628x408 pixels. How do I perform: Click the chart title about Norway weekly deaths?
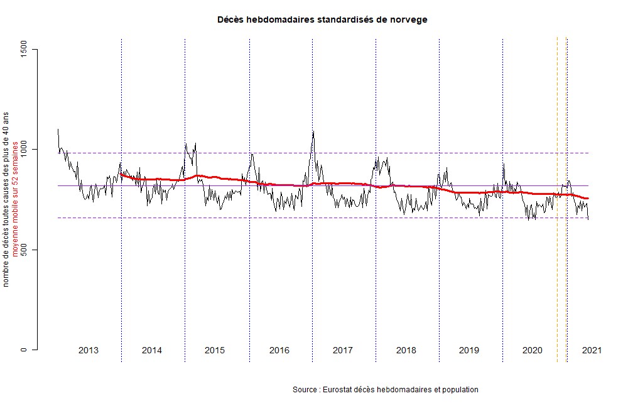pyautogui.click(x=322, y=19)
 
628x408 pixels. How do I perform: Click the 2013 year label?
pyautogui.click(x=89, y=350)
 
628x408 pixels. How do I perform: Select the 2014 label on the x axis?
pyautogui.click(x=152, y=350)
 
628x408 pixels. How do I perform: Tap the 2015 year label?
pyautogui.click(x=215, y=350)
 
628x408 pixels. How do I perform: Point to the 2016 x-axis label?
pyautogui.click(x=279, y=350)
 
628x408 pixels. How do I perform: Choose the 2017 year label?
pyautogui.click(x=342, y=350)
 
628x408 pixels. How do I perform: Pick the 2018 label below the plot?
pyautogui.click(x=406, y=350)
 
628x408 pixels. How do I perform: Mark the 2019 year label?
pyautogui.click(x=469, y=350)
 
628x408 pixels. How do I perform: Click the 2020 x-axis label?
pyautogui.click(x=533, y=350)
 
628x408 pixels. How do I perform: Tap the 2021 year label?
pyautogui.click(x=591, y=350)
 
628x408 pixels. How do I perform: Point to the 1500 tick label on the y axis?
pyautogui.click(x=24, y=49)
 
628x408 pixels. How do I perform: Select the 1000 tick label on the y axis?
pyautogui.click(x=24, y=150)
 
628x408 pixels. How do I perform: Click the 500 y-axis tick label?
pyautogui.click(x=24, y=250)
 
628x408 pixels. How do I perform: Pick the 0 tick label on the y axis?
pyautogui.click(x=24, y=350)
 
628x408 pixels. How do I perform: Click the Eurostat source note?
pyautogui.click(x=385, y=390)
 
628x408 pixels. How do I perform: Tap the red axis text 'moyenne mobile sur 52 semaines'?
pyautogui.click(x=16, y=194)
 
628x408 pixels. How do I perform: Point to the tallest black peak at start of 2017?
pyautogui.click(x=313, y=132)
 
